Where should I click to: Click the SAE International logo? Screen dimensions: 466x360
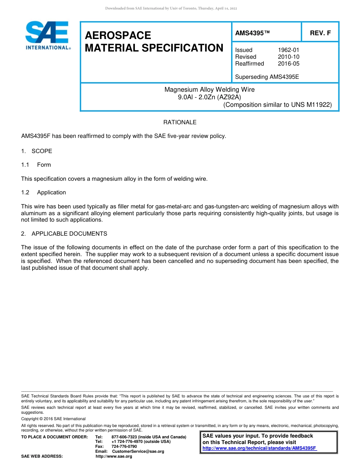click(x=47, y=35)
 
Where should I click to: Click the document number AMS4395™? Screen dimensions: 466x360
click(x=252, y=33)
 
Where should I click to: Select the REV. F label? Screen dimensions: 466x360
click(x=320, y=33)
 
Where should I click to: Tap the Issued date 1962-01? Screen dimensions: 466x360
click(x=288, y=50)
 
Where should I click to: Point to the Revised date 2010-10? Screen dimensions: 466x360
click(x=288, y=57)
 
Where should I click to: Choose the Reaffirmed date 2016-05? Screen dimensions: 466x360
click(x=288, y=64)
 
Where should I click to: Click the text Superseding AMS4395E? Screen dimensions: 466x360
click(x=267, y=77)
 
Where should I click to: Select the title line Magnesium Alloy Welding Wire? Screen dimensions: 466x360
click(x=209, y=90)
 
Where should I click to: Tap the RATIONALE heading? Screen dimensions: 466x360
click(x=180, y=122)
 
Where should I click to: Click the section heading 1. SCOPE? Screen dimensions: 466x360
click(x=37, y=151)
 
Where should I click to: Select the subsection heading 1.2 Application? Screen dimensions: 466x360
click(x=44, y=192)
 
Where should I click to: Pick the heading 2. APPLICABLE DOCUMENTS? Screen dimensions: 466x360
click(x=64, y=234)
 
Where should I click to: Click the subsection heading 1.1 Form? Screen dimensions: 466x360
click(x=36, y=165)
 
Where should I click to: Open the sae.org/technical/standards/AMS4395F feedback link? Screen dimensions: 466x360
click(x=260, y=448)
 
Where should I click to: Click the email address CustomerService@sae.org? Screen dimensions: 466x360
click(x=138, y=452)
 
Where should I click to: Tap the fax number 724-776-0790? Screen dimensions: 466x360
click(x=124, y=447)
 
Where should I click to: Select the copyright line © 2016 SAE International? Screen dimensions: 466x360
click(x=53, y=419)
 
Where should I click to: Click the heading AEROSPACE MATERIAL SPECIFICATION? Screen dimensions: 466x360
click(x=154, y=42)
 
